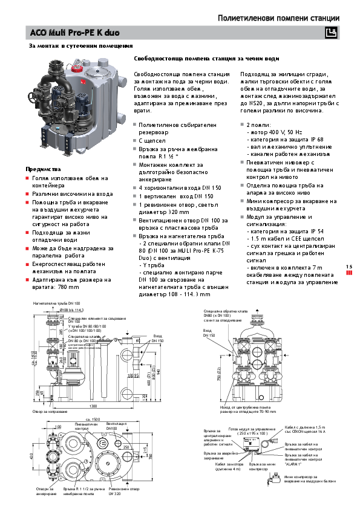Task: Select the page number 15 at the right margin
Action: [349, 266]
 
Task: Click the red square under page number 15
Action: [349, 273]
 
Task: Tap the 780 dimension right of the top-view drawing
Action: [162, 452]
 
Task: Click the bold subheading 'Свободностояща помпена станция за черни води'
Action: [206, 59]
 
